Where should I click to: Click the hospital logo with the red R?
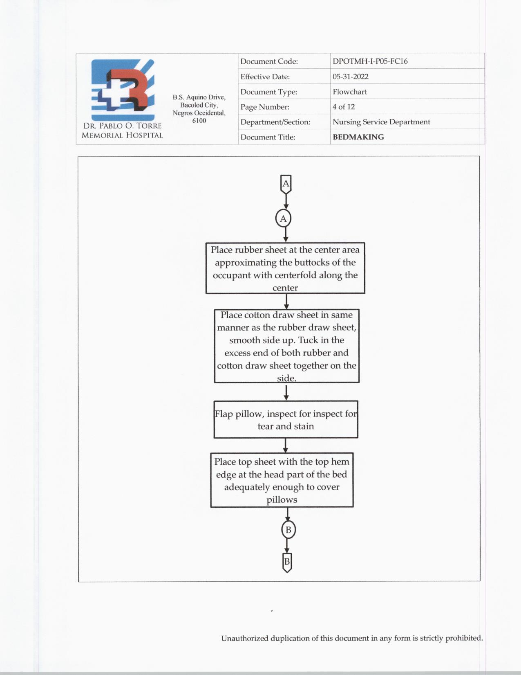(123, 90)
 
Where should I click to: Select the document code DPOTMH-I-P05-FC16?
(370, 61)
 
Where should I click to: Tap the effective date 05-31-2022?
(350, 76)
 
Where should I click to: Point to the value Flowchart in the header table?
(349, 92)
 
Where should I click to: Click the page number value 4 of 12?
(343, 107)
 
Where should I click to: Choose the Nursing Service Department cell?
(381, 122)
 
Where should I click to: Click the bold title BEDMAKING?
(358, 137)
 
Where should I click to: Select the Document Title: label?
(268, 137)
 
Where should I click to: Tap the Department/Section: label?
(275, 122)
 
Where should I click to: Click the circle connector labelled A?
(283, 218)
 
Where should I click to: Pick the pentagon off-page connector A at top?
(286, 184)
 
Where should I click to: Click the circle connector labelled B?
(288, 530)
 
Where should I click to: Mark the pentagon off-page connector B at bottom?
(287, 562)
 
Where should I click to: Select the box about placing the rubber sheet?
(285, 268)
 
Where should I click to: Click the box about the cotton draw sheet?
(286, 346)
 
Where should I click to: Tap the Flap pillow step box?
(286, 420)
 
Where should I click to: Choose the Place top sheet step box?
(282, 480)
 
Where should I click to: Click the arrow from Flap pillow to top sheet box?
(285, 445)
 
